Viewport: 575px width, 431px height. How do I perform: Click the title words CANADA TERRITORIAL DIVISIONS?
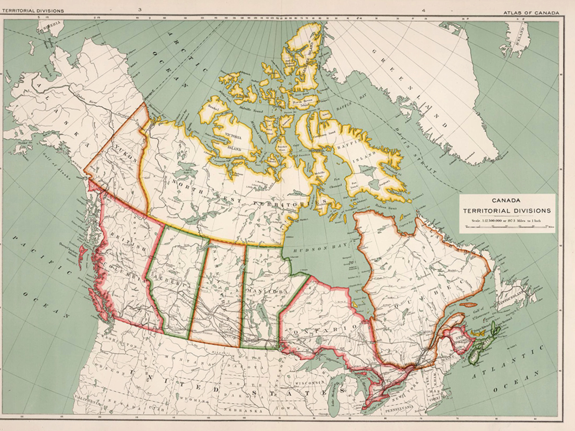tap(507, 206)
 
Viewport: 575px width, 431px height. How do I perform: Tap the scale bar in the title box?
tap(507, 227)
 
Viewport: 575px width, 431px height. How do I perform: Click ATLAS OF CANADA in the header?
tap(531, 13)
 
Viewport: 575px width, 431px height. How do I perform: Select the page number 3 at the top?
tap(140, 10)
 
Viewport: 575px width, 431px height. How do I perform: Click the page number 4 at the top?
tap(423, 10)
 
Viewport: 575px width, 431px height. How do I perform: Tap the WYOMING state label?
tap(195, 400)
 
